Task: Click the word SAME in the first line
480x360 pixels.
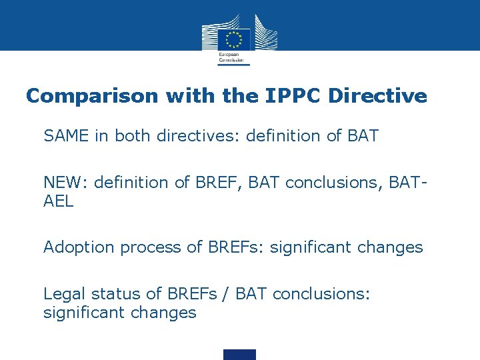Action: [66, 137]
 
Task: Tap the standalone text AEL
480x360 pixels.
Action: [59, 201]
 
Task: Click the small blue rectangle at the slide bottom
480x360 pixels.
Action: [239, 354]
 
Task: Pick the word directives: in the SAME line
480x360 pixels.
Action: [199, 137]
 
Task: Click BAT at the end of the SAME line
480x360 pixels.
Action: [363, 137]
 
